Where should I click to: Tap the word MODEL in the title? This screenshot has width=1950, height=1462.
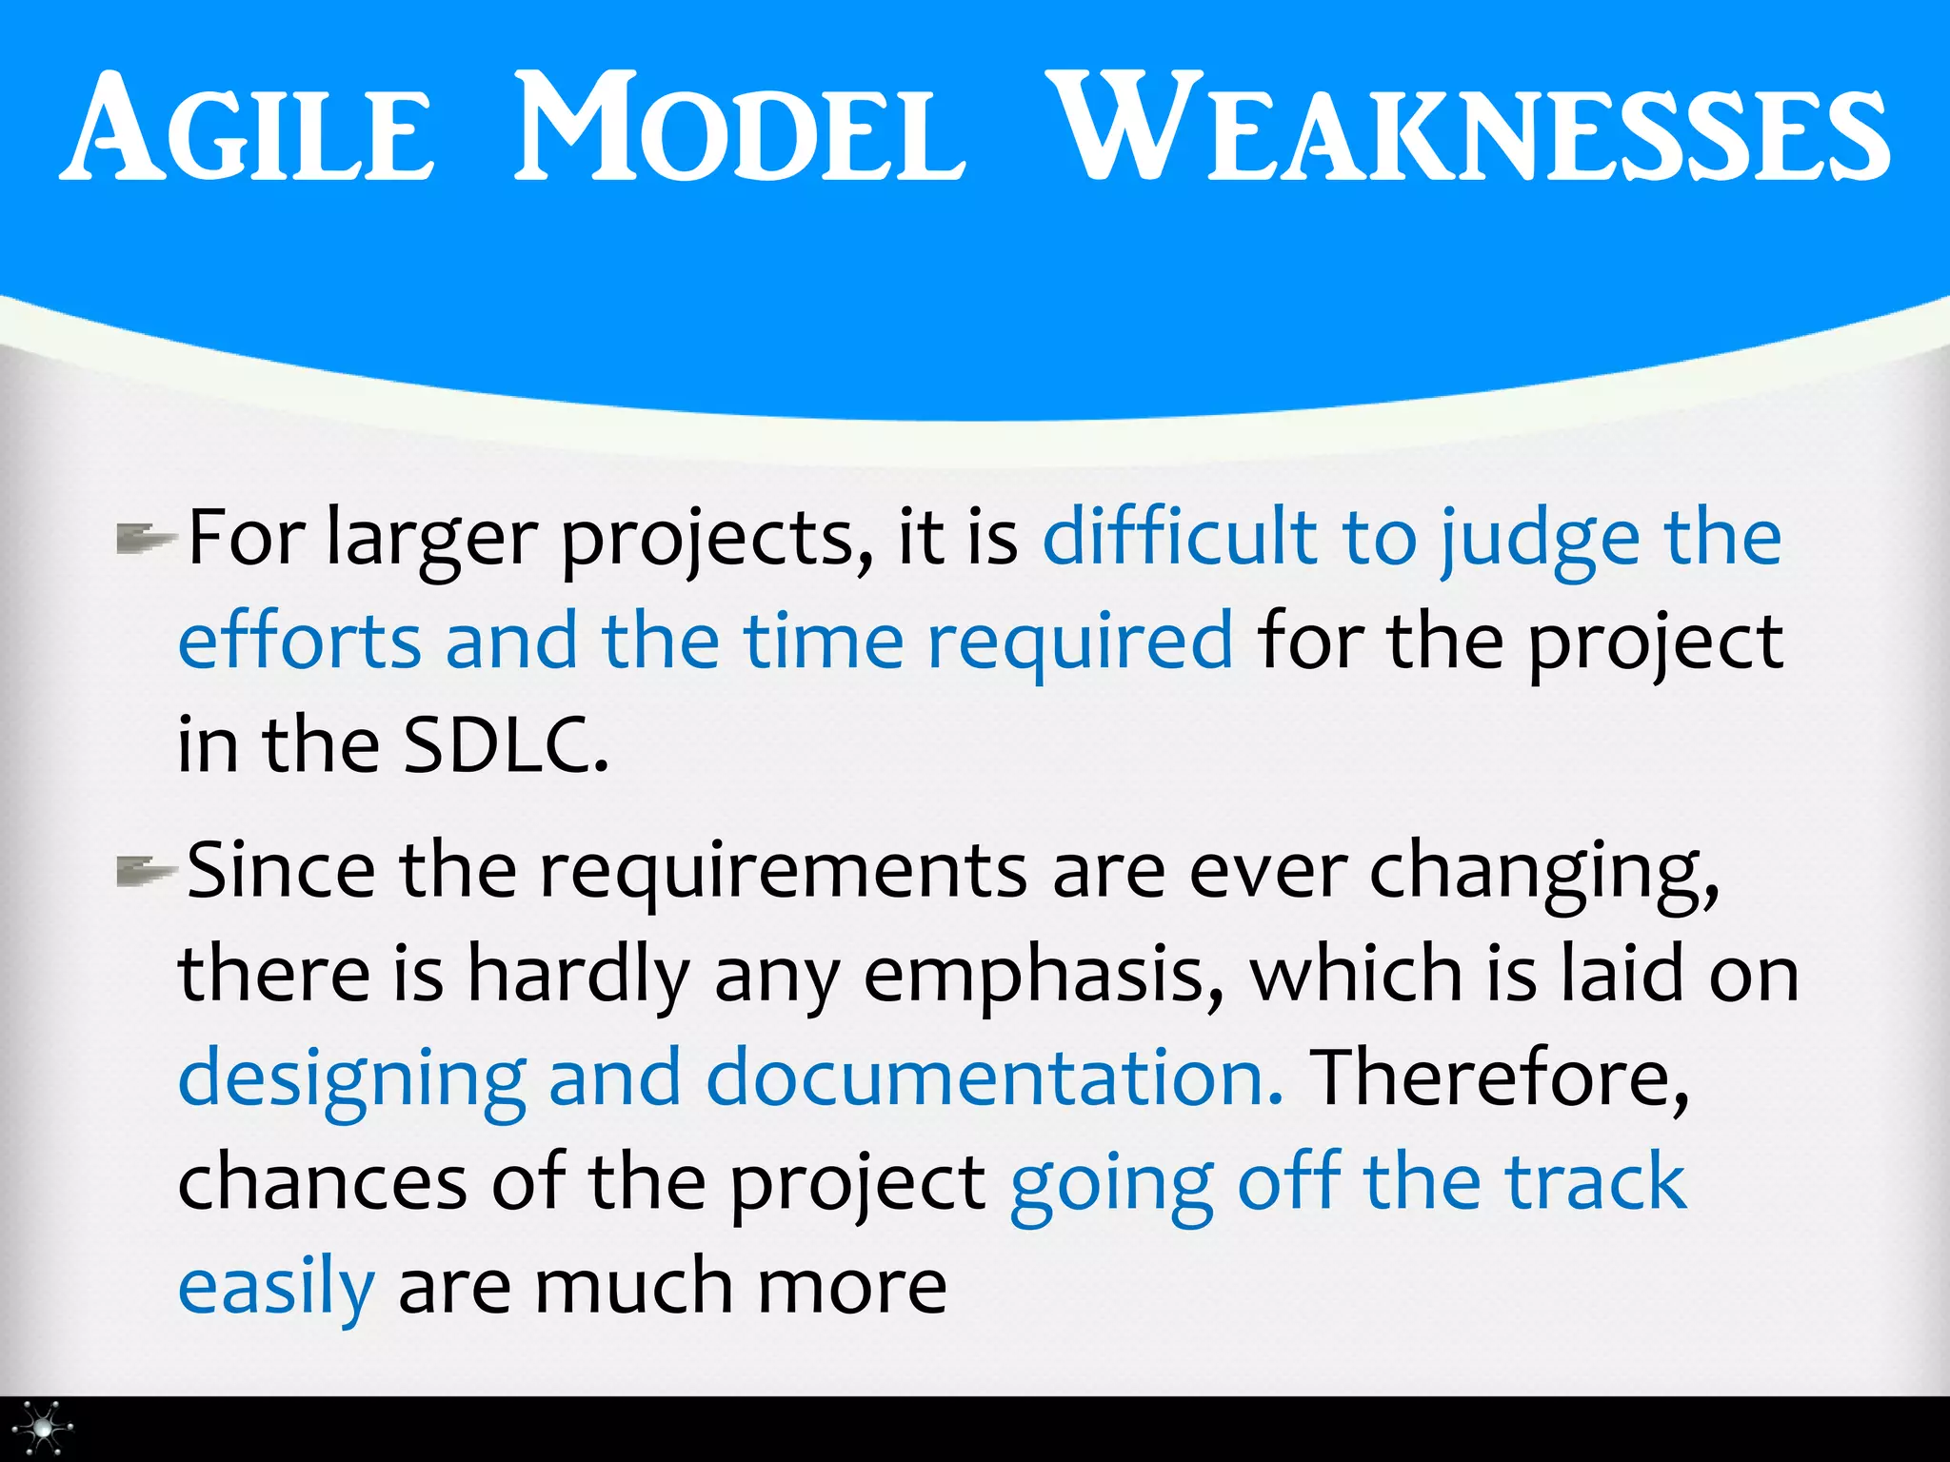point(739,128)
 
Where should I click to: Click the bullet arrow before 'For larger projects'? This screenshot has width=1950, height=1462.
point(144,540)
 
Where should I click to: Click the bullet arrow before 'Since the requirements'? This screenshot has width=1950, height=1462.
point(144,871)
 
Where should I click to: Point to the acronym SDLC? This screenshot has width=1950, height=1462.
point(505,745)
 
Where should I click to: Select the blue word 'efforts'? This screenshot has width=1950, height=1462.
point(299,642)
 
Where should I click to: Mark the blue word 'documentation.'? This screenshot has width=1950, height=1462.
point(994,1079)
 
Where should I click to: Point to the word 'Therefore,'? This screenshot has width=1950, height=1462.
point(1499,1079)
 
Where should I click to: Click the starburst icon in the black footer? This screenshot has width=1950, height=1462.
point(43,1428)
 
